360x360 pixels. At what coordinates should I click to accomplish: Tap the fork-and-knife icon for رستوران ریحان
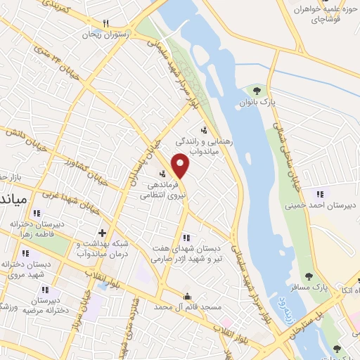coord(105,23)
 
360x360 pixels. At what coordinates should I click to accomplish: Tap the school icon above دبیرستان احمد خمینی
coord(320,194)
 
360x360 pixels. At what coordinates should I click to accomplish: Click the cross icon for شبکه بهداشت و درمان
coord(103,232)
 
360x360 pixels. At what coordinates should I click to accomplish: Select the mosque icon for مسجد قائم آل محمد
coord(186,296)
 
